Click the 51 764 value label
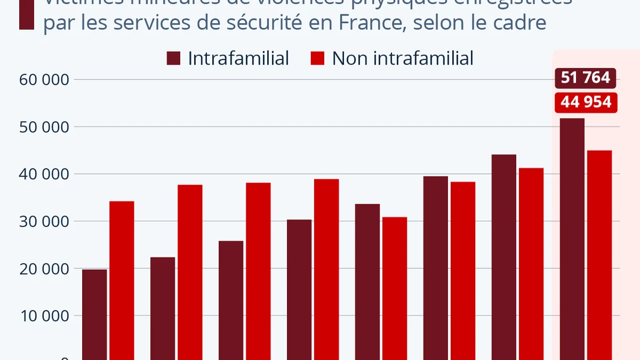click(x=586, y=78)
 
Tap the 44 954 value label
click(x=586, y=102)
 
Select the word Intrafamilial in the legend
click(x=238, y=58)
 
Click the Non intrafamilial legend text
click(x=403, y=58)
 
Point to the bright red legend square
click(x=317, y=58)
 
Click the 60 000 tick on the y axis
click(x=45, y=80)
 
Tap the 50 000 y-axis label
click(x=45, y=127)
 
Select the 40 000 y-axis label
click(x=45, y=174)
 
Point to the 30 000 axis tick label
click(x=45, y=221)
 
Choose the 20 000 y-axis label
click(x=45, y=269)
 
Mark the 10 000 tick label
click(x=45, y=316)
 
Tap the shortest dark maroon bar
click(x=94, y=315)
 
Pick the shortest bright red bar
click(x=395, y=288)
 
